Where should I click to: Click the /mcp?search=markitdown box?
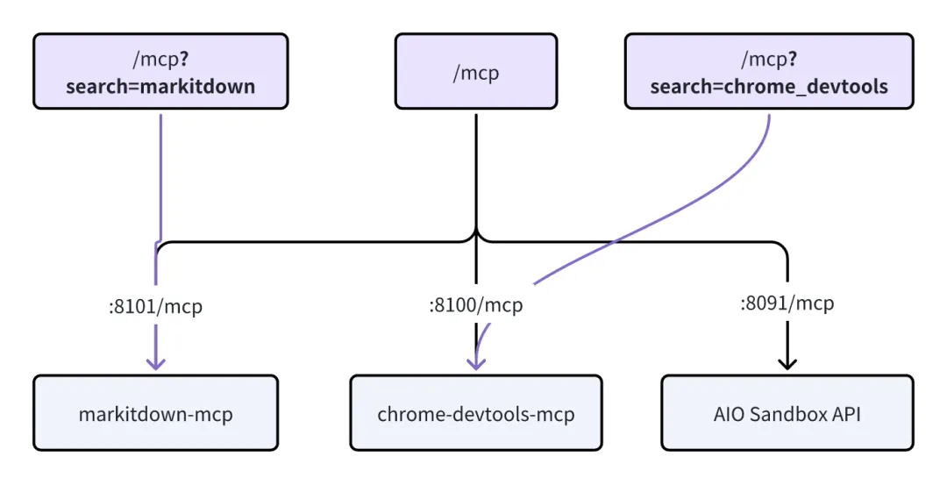160,71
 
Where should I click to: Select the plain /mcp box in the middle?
475,71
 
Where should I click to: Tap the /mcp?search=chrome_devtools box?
768,71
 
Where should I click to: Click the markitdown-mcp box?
156,413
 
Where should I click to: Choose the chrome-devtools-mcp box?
475,413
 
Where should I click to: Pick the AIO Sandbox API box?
787,413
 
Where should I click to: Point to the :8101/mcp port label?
155,307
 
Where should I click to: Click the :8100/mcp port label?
475,305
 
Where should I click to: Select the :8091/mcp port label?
787,303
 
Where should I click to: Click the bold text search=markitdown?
160,86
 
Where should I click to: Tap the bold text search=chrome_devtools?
768,86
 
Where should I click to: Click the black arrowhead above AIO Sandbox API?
787,361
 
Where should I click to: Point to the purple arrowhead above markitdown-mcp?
156,361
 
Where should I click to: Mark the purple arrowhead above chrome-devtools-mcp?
476,361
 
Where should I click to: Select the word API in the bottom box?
844,413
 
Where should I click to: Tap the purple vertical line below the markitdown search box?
161,175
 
